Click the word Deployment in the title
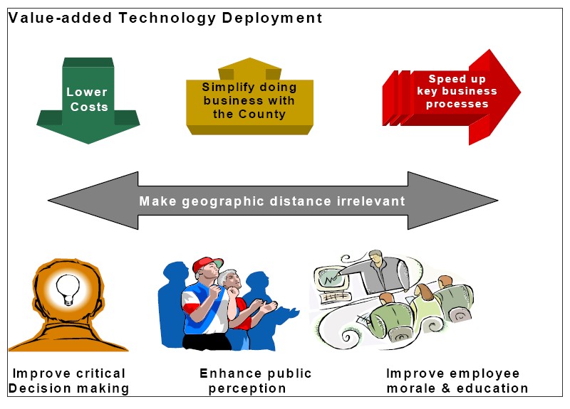coord(272,18)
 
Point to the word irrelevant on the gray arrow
coord(370,201)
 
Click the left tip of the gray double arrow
coord(48,200)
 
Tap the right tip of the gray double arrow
coord(497,200)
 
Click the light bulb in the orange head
coord(68,290)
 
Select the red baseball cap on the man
coord(207,264)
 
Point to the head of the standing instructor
coord(376,257)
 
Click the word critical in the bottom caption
coord(101,373)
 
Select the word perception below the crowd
coord(247,388)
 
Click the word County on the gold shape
coord(262,114)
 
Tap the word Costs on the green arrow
coord(89,107)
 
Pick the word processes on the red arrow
coord(457,104)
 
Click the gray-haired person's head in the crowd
coord(229,279)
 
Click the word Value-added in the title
coord(60,18)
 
